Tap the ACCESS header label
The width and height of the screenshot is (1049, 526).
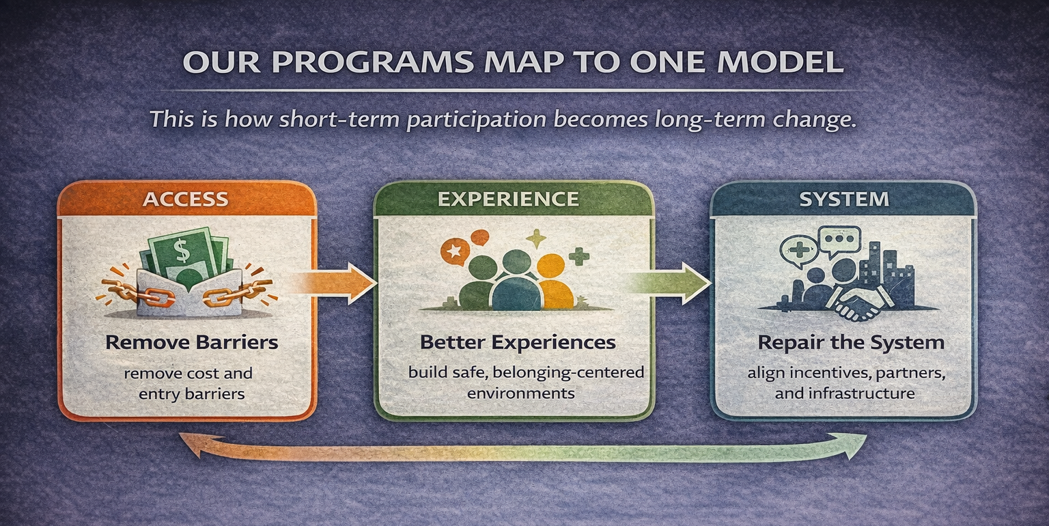(x=186, y=199)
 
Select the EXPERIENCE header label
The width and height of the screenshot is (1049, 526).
(x=508, y=199)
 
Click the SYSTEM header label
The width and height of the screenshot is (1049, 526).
(x=844, y=199)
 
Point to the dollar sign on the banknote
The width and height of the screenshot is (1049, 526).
(x=181, y=251)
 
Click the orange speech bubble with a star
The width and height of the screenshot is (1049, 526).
(x=454, y=252)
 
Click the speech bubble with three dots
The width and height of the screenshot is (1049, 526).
(x=839, y=240)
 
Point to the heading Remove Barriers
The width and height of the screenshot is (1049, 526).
(x=191, y=342)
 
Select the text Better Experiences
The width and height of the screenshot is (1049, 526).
(x=518, y=342)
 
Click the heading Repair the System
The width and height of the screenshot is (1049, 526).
(x=851, y=342)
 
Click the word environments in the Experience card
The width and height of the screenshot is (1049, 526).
(x=521, y=393)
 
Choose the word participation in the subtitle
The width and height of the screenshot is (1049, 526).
(x=476, y=120)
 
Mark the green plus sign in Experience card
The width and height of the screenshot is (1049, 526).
(x=579, y=256)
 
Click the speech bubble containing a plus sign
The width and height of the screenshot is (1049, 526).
(x=799, y=250)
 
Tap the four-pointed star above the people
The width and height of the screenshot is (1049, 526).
(x=536, y=239)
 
